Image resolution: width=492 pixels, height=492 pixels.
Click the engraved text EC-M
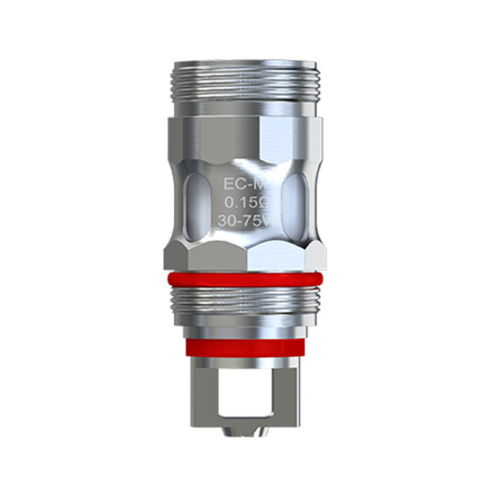(245, 177)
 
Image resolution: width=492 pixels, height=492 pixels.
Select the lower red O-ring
(246, 345)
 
